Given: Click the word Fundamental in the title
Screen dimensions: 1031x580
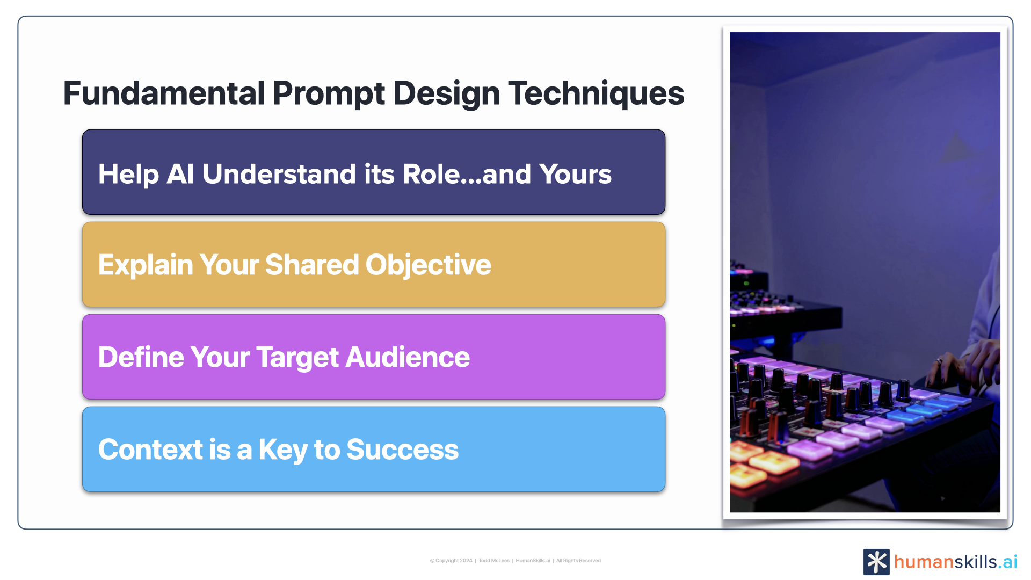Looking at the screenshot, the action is tap(164, 93).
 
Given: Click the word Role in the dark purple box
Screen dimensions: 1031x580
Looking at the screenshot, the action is tap(431, 174).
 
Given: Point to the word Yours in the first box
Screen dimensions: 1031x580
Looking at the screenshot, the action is tap(575, 174).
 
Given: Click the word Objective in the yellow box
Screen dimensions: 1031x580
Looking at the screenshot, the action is tap(429, 265).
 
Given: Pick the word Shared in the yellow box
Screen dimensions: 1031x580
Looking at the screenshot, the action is tap(312, 265).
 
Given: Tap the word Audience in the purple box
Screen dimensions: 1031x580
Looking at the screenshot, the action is tap(408, 357).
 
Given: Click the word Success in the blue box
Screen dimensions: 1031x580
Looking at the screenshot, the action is tap(403, 450).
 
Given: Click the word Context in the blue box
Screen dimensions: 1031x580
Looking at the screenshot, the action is tap(150, 450).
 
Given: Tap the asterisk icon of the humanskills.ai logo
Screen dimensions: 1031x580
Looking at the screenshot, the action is tap(876, 562).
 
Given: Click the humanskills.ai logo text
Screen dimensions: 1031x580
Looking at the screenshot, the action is tap(956, 562).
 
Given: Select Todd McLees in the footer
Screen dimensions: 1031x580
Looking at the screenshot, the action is tap(494, 561).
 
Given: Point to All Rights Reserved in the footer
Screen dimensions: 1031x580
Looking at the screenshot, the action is tap(578, 561).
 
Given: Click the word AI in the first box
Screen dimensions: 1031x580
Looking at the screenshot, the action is tap(180, 174).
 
